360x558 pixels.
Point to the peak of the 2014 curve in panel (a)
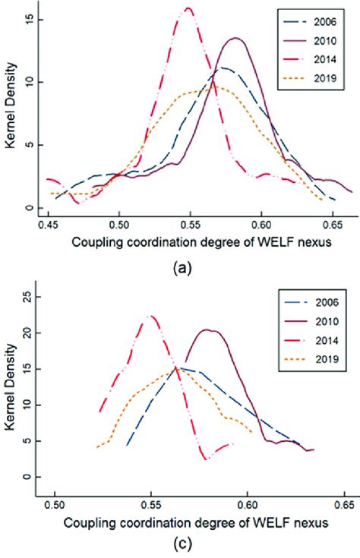pos(187,8)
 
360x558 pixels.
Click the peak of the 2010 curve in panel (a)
pos(235,38)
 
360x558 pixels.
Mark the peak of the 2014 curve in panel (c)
pos(151,316)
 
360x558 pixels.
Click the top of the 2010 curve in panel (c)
pos(210,329)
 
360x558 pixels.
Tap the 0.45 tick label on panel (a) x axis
pos(48,225)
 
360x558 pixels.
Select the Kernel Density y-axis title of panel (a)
pos(9,114)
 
